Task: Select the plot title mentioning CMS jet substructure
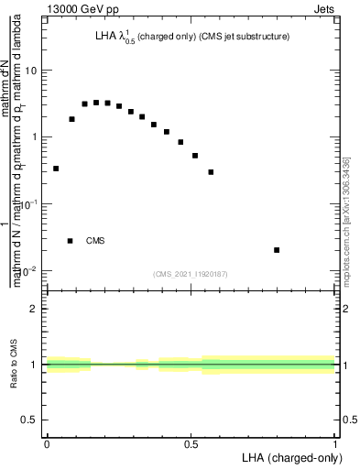192,37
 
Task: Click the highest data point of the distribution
96,103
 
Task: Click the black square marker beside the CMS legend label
71,241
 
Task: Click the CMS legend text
95,241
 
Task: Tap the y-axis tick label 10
32,71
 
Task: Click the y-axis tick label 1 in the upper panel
35,137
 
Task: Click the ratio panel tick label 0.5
30,420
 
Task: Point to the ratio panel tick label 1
35,365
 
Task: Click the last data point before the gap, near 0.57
211,172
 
